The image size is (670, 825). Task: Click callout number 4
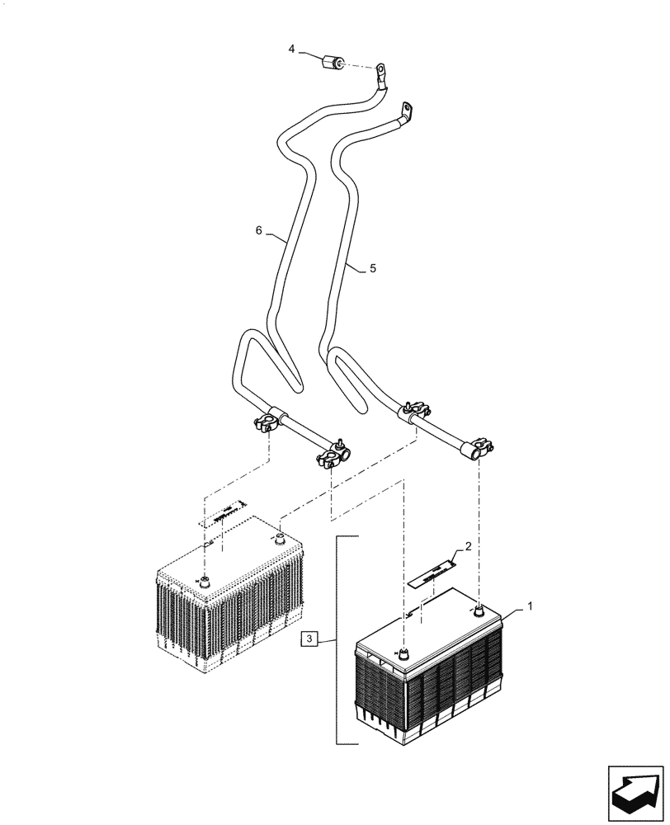291,50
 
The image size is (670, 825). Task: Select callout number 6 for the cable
258,232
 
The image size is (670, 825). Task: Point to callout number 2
468,546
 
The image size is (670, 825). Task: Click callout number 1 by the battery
530,606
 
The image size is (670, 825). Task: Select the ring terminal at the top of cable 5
406,109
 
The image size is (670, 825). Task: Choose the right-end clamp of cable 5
479,448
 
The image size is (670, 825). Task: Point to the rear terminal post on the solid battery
479,610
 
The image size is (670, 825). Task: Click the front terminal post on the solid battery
403,653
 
